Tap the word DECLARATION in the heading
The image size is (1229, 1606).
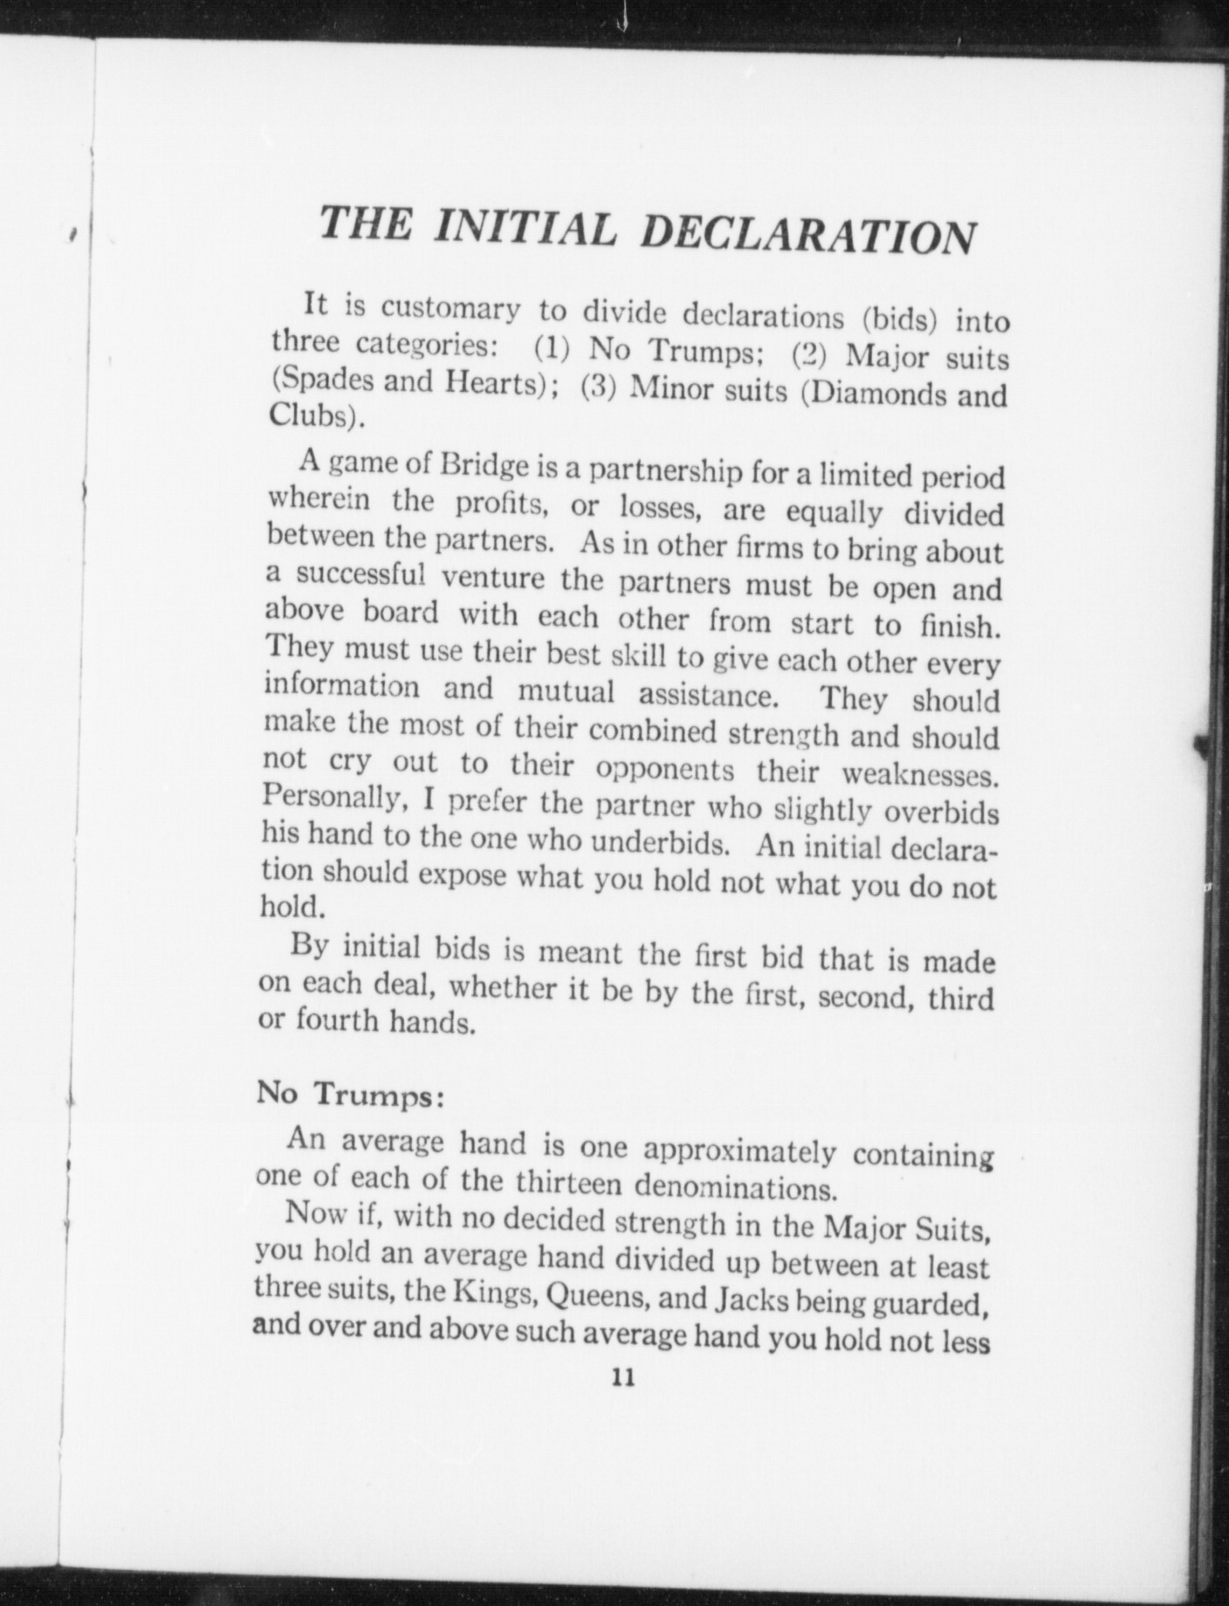807,236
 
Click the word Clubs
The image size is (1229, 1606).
308,415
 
